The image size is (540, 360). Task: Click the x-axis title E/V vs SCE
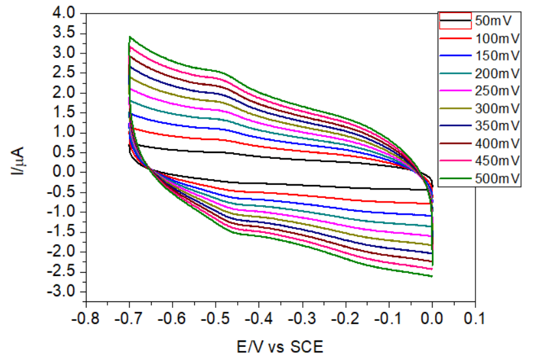point(280,344)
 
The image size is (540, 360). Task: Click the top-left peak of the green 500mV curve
point(130,36)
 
